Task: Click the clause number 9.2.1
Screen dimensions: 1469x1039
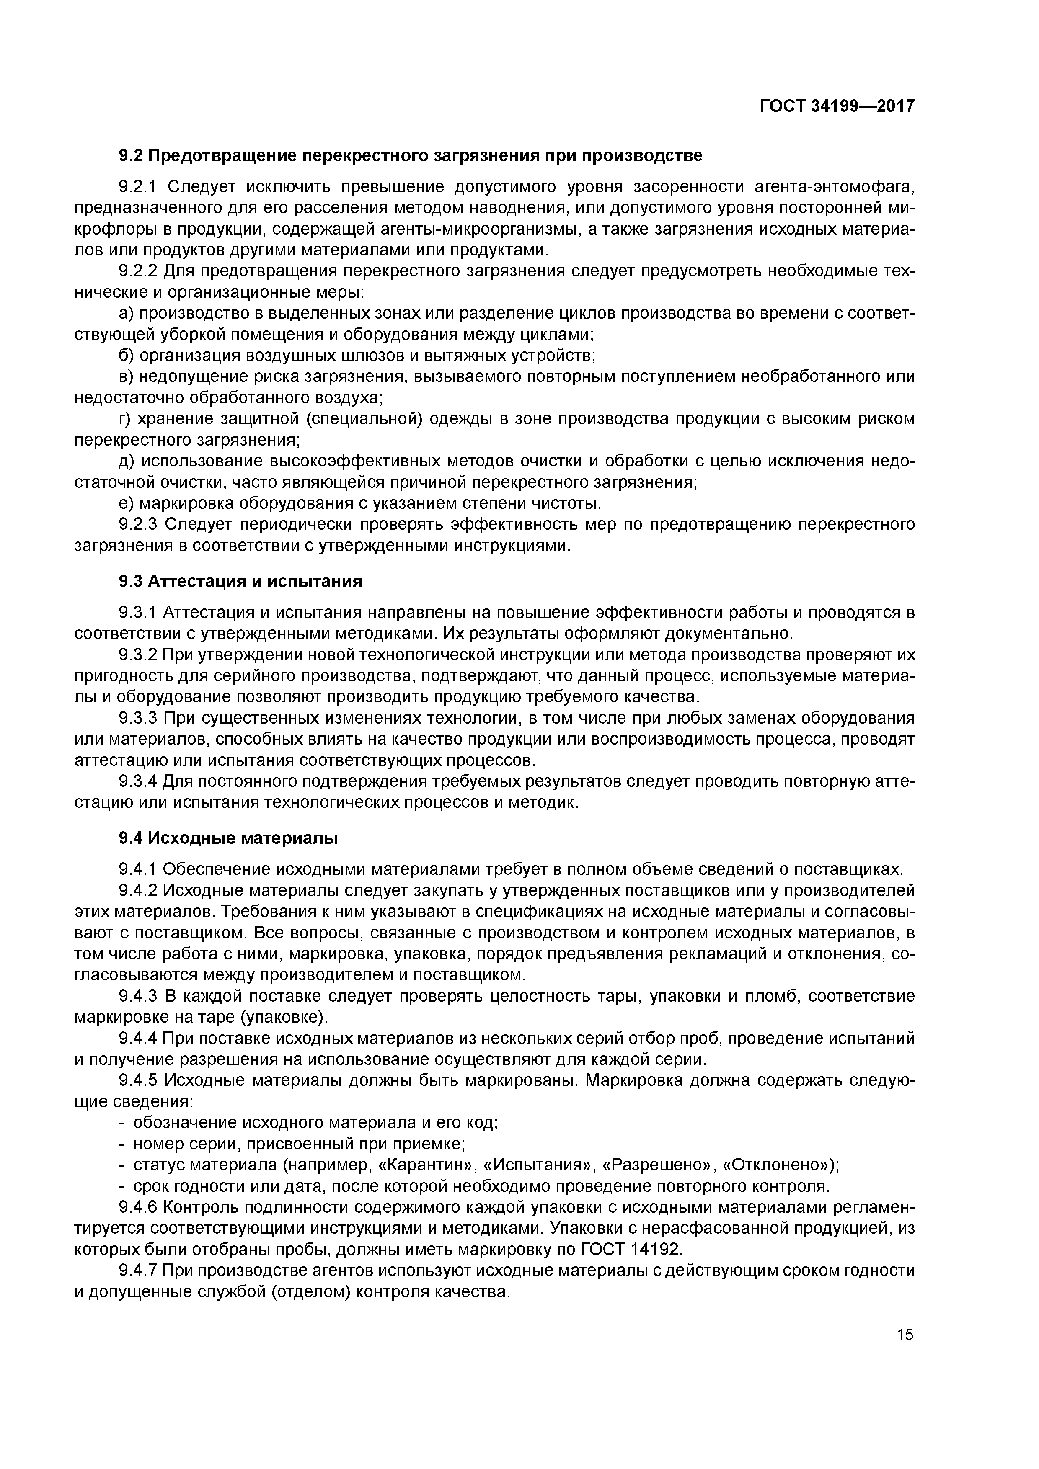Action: (x=138, y=187)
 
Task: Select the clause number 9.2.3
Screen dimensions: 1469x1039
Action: (x=138, y=525)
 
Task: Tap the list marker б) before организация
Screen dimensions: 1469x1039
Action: (x=127, y=355)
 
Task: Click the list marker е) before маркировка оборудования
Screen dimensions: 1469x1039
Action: (x=127, y=503)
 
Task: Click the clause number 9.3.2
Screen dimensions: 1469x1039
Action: (x=138, y=655)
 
